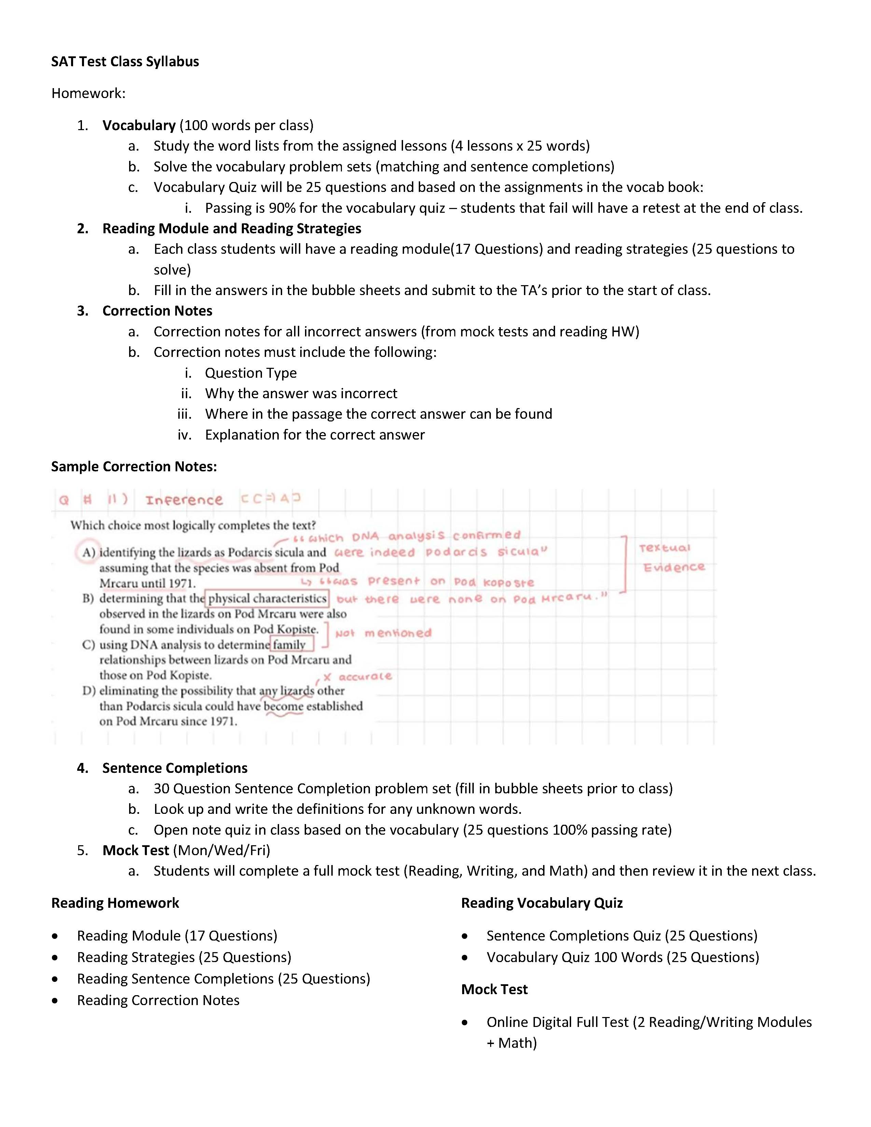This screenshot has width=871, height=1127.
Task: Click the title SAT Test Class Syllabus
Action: (125, 61)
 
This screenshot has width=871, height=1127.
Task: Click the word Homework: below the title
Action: (88, 93)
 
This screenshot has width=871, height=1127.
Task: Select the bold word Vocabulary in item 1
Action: (139, 125)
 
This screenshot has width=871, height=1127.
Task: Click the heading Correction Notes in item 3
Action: (157, 311)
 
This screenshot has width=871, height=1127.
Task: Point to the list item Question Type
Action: (251, 373)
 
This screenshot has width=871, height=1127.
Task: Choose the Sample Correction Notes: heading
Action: (134, 467)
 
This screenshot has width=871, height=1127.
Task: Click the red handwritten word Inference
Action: (184, 500)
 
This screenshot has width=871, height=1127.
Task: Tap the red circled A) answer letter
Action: (88, 553)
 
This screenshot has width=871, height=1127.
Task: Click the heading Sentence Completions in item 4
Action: (175, 768)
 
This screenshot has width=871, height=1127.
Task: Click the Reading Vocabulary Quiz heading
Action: (542, 903)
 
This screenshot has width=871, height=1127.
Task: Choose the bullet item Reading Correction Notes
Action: (158, 1000)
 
